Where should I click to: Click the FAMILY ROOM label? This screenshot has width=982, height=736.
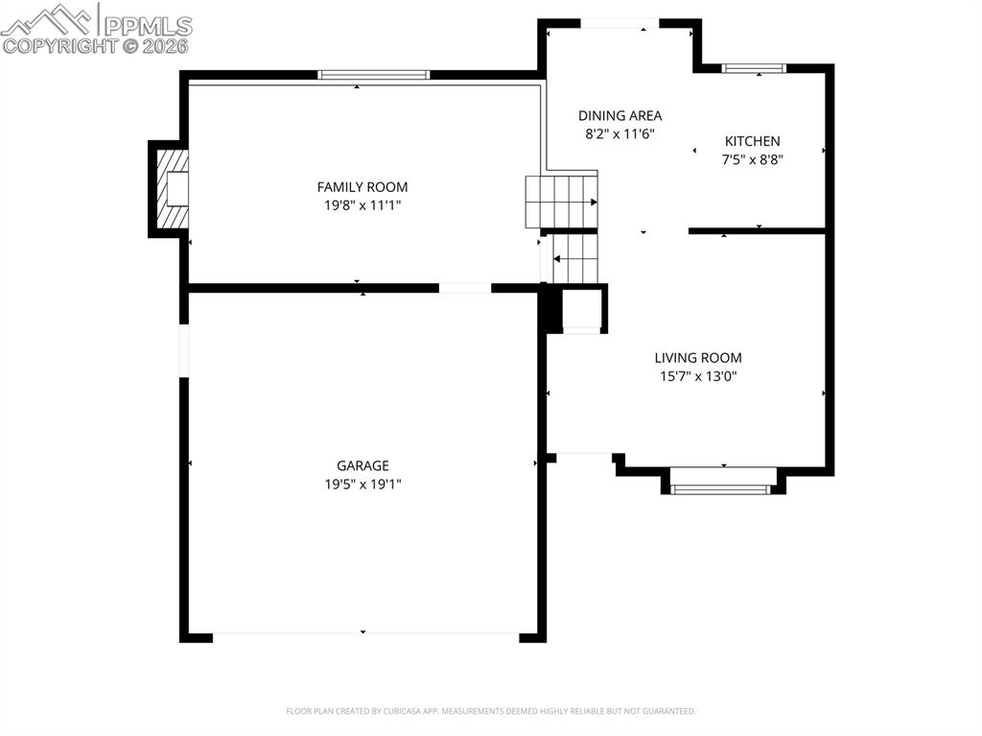(x=362, y=187)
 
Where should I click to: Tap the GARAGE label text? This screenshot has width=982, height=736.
(x=362, y=466)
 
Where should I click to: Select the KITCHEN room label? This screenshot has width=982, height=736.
(x=752, y=141)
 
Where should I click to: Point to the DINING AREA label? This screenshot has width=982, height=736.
(x=620, y=116)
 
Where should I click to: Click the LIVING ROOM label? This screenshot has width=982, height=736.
(x=698, y=358)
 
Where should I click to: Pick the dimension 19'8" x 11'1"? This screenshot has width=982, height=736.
(x=362, y=204)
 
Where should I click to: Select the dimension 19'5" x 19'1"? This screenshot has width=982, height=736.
(x=362, y=485)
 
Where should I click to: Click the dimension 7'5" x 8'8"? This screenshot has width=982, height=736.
(x=752, y=160)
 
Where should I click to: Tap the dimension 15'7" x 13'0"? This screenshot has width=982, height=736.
(x=698, y=376)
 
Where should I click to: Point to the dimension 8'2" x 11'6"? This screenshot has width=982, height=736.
(x=620, y=135)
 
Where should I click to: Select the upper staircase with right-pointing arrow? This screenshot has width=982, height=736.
(x=561, y=202)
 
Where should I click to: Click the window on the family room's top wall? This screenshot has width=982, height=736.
(x=373, y=75)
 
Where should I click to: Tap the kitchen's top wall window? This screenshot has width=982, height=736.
(x=753, y=68)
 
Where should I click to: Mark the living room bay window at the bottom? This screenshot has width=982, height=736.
(x=722, y=488)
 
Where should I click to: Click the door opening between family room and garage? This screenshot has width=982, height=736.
(x=465, y=288)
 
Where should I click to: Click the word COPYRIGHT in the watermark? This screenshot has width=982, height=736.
(x=63, y=45)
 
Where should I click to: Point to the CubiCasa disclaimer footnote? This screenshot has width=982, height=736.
(x=491, y=711)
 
